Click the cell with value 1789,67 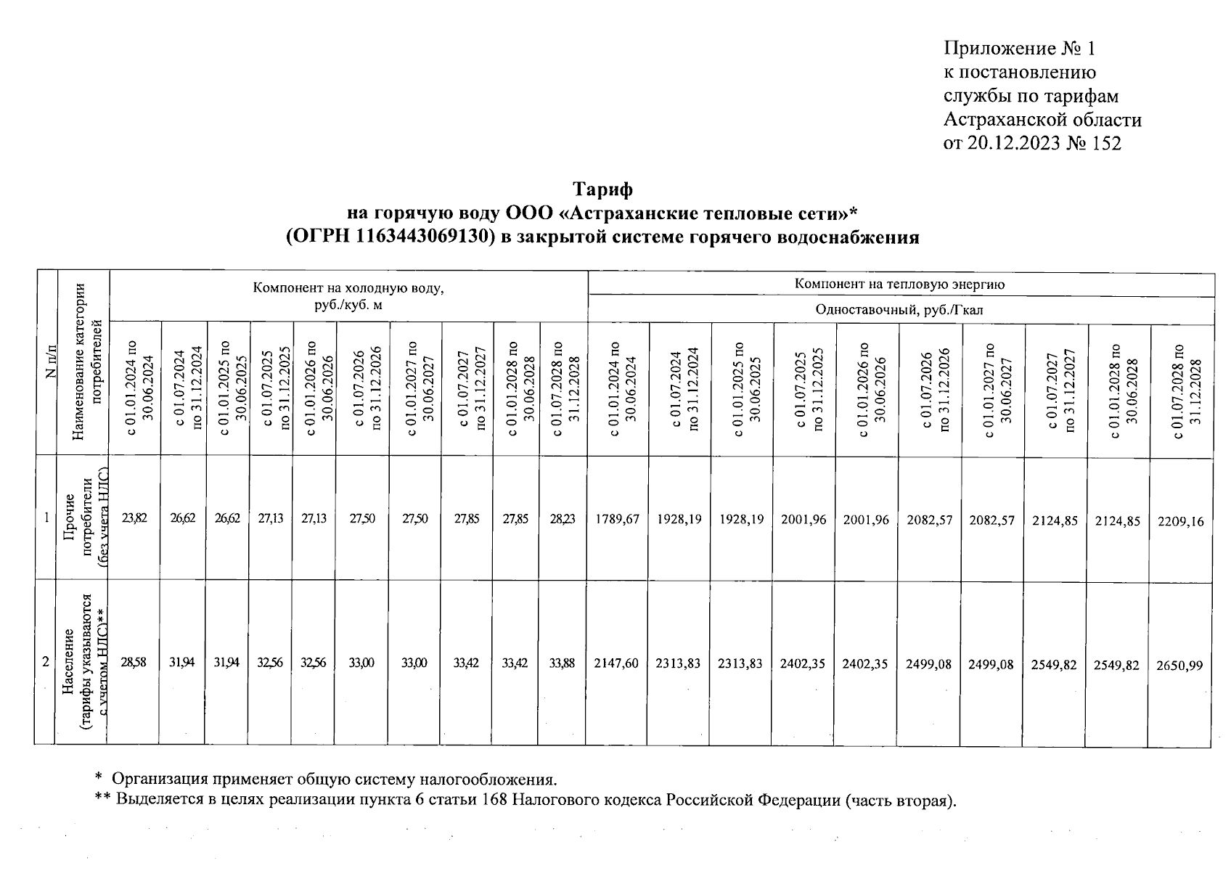(x=617, y=520)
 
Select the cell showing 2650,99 (x=1179, y=664)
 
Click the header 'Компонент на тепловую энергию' (x=900, y=285)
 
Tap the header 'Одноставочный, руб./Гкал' (x=900, y=310)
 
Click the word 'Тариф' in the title (x=602, y=189)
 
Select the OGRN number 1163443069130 (x=421, y=237)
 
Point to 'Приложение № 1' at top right (x=1018, y=49)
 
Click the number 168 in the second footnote (x=496, y=801)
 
